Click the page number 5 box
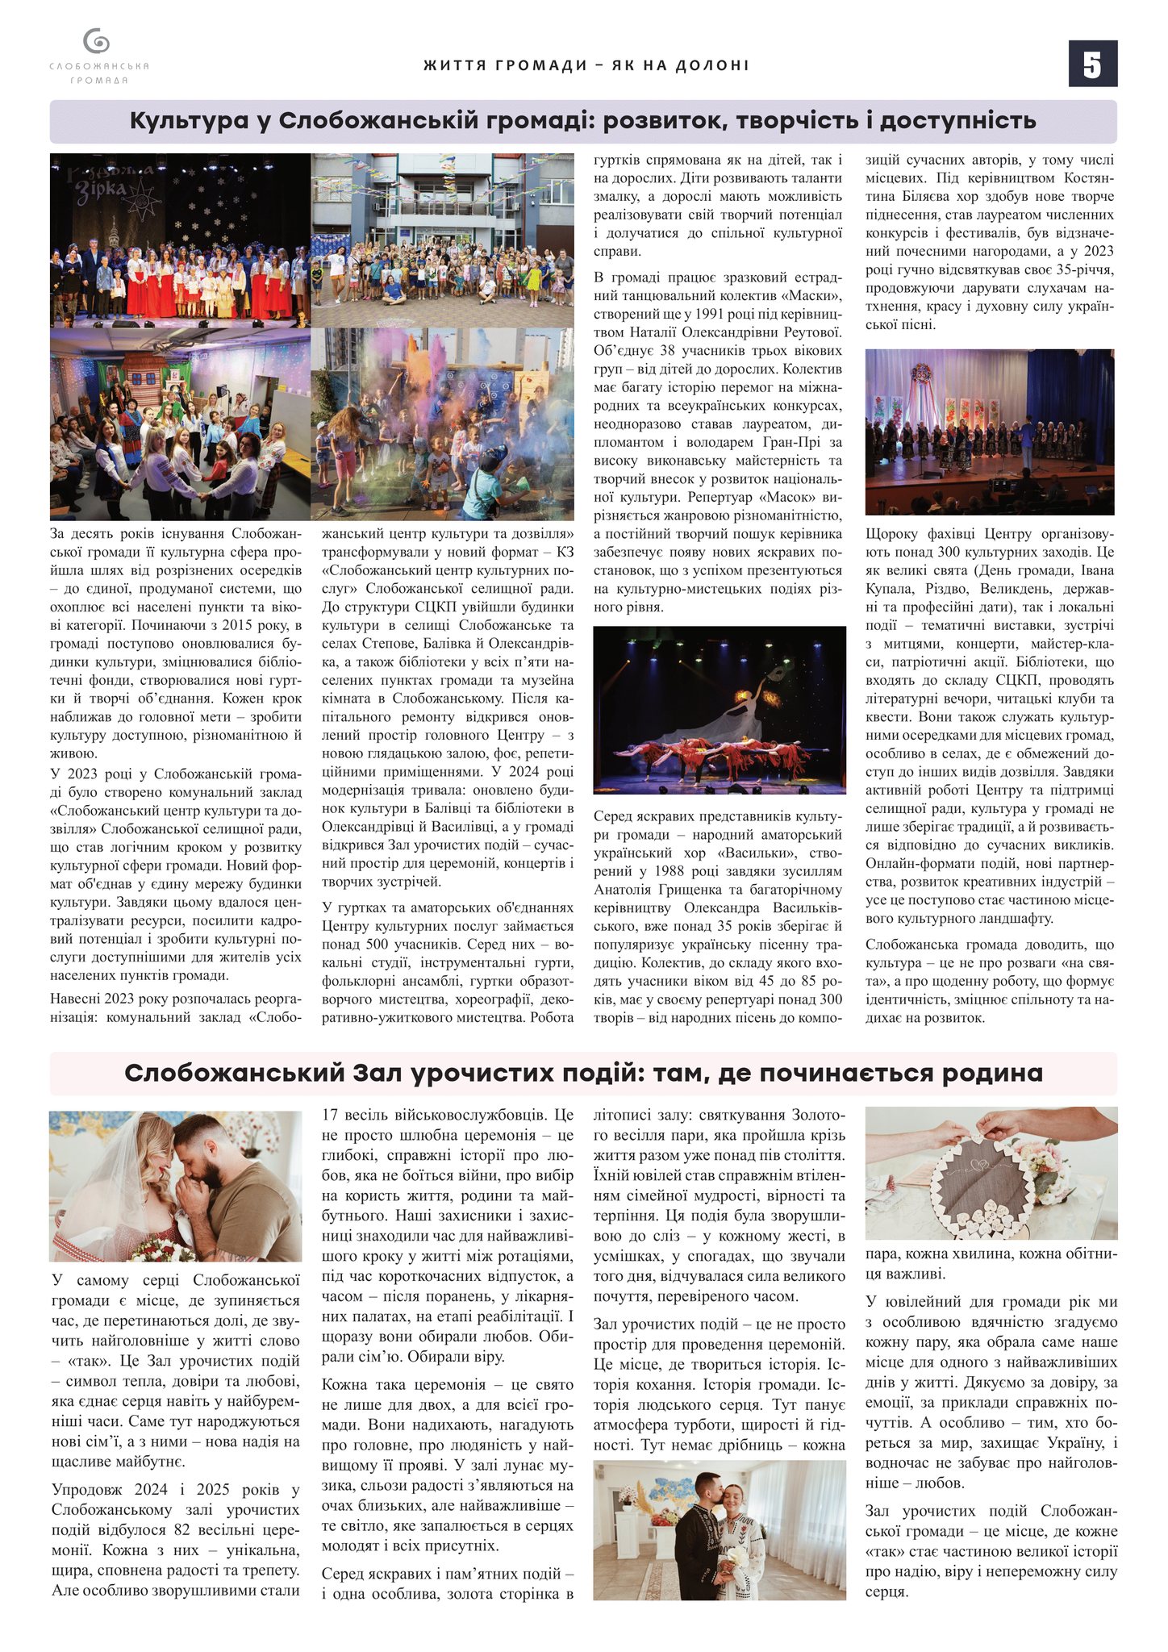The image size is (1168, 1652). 1092,64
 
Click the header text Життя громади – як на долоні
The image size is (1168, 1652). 586,65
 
